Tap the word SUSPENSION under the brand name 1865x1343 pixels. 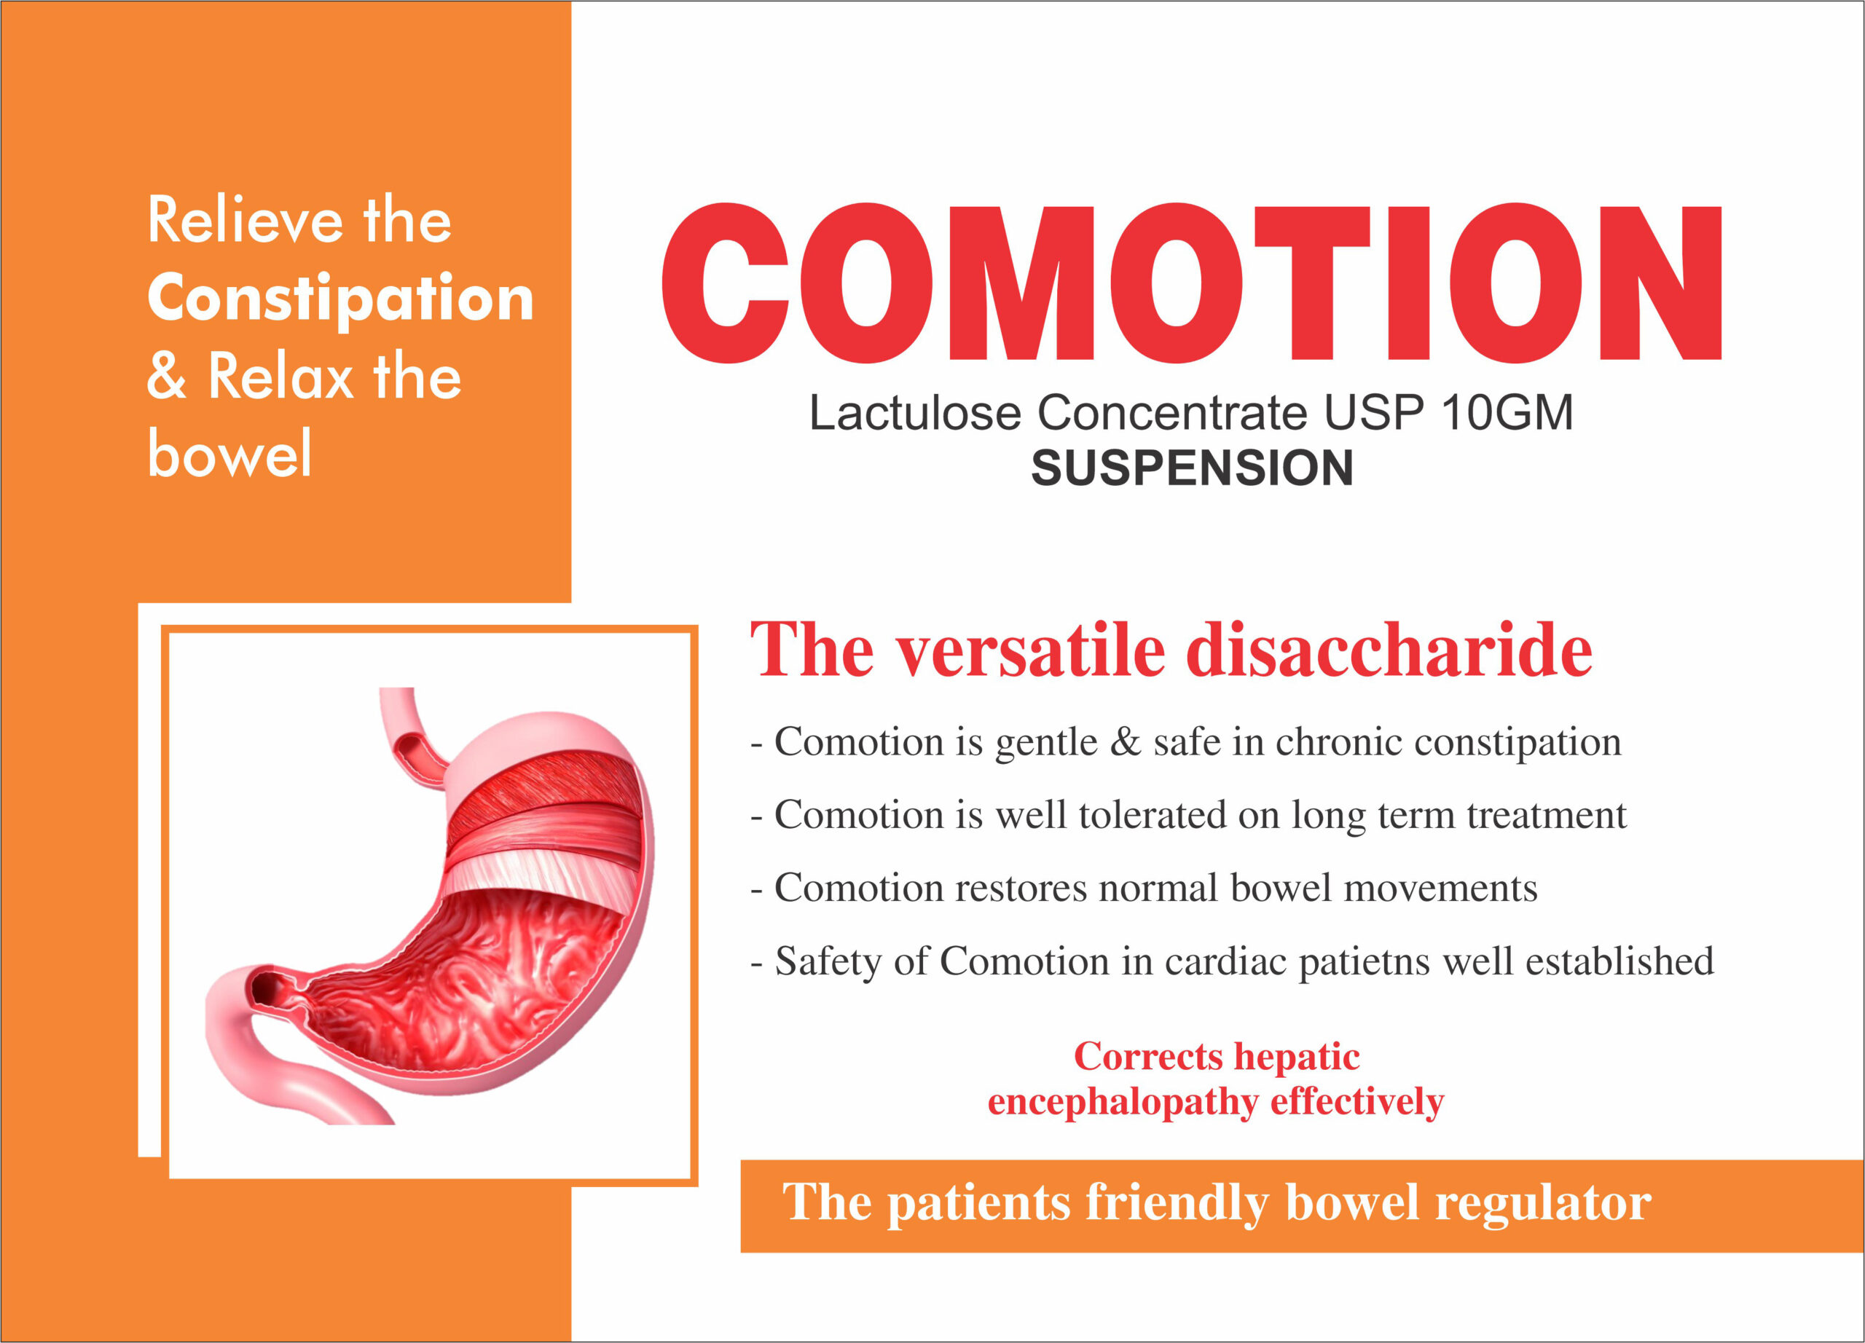click(x=1192, y=468)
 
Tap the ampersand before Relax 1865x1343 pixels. click(x=166, y=377)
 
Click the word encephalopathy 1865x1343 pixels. click(x=1123, y=1102)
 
